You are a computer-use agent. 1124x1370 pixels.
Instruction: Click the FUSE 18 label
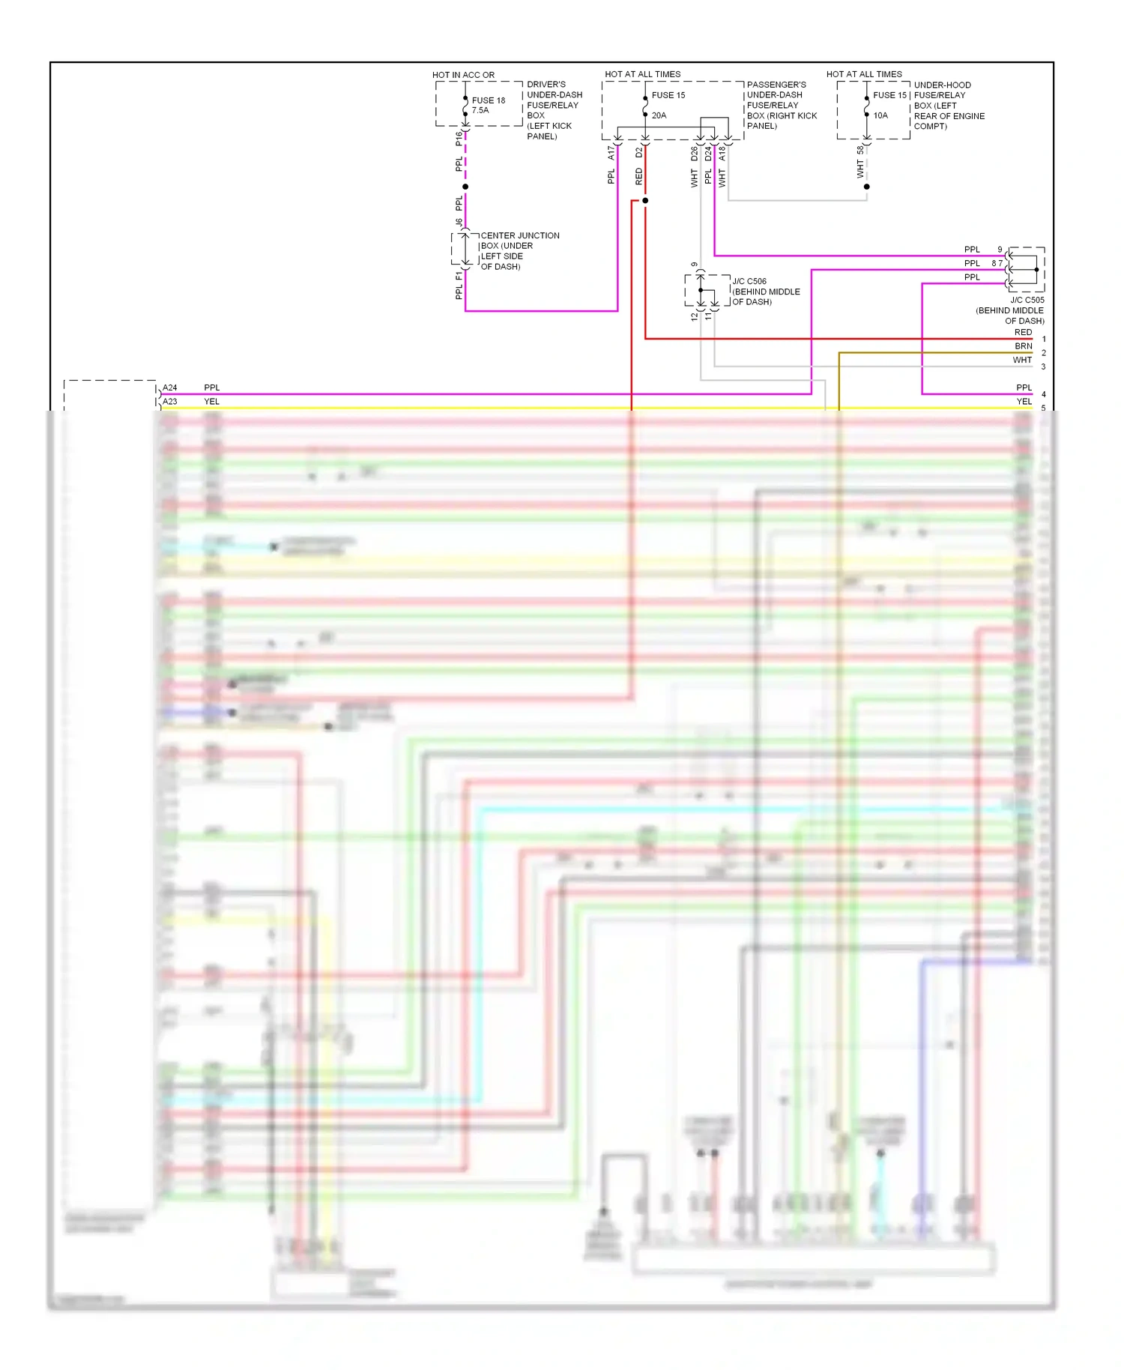[x=488, y=100]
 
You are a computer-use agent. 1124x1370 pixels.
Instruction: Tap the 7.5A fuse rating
[x=480, y=111]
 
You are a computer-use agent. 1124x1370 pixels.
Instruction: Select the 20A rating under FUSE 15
[x=659, y=115]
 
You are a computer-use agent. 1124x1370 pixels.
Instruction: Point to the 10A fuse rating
[x=880, y=115]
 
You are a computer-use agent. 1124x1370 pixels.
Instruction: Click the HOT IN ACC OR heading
[x=463, y=75]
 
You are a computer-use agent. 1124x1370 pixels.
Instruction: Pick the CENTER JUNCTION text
[x=519, y=235]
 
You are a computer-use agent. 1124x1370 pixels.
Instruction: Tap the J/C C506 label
[x=749, y=282]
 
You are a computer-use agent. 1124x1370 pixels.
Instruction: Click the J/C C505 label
[x=1027, y=300]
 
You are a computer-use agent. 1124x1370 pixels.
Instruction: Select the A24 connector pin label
[x=170, y=388]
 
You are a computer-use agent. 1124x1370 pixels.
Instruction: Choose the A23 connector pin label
[x=170, y=402]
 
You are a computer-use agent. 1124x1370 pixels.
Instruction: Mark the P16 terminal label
[x=459, y=139]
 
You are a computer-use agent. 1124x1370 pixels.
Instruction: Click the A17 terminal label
[x=611, y=153]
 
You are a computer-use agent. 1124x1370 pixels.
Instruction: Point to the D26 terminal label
[x=695, y=154]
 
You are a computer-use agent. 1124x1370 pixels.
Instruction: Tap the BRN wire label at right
[x=1023, y=346]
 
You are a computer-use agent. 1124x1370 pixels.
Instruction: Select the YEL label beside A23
[x=212, y=402]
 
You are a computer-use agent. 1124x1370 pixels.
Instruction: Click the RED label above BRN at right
[x=1023, y=333]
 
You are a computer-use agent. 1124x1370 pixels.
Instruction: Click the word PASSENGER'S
[x=776, y=85]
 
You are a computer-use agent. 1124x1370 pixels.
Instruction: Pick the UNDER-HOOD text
[x=942, y=85]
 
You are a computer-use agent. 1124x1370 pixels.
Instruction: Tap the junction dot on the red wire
[x=645, y=201]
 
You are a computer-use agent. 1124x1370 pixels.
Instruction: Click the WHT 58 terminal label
[x=860, y=161]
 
